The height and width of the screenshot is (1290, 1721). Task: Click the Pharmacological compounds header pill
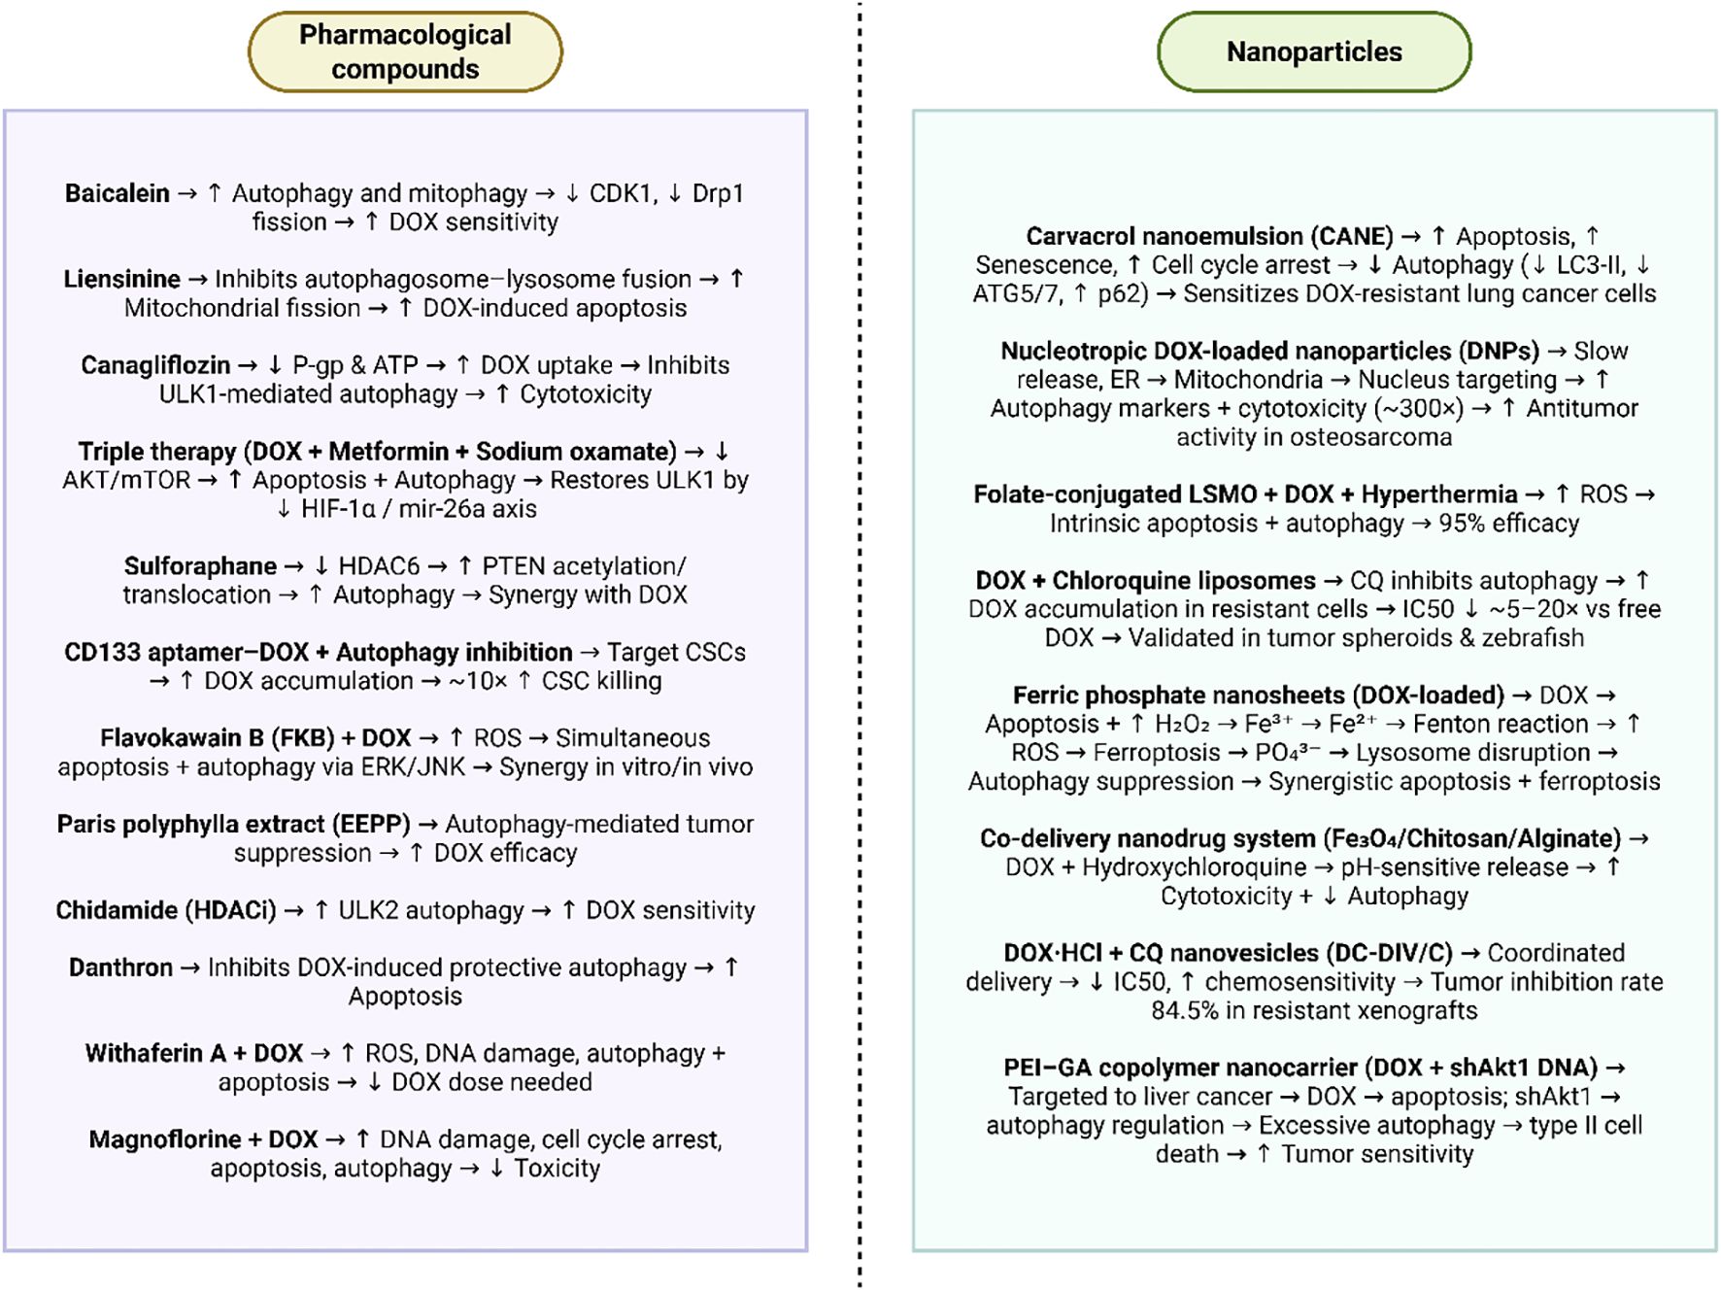[x=405, y=51]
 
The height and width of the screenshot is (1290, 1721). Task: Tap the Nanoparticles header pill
[x=1314, y=51]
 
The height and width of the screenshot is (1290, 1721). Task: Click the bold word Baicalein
[x=118, y=193]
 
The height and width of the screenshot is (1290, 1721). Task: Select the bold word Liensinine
[x=122, y=280]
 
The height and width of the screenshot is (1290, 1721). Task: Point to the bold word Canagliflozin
[x=155, y=365]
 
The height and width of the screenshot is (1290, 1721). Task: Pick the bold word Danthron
[x=120, y=967]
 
